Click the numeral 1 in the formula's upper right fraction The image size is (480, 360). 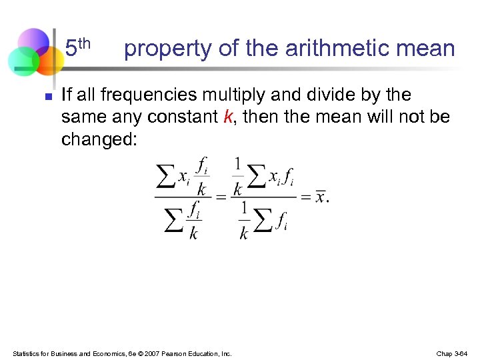tap(237, 163)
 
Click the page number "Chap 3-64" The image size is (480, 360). tap(453, 353)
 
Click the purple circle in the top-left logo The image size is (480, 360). tap(33, 41)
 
